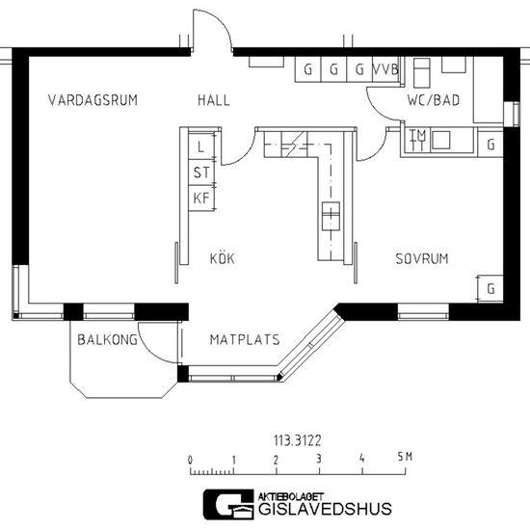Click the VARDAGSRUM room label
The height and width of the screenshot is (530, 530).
pyautogui.click(x=93, y=100)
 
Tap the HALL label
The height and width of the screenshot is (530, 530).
pyautogui.click(x=214, y=100)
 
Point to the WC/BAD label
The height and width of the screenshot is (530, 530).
pyautogui.click(x=434, y=100)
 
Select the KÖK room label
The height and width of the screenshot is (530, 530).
pyautogui.click(x=222, y=258)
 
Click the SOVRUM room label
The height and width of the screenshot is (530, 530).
pyautogui.click(x=422, y=258)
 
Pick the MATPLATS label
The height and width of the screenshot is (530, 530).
pyautogui.click(x=245, y=339)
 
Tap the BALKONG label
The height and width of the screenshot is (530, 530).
pyautogui.click(x=108, y=339)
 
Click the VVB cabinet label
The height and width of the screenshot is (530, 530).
pyautogui.click(x=385, y=69)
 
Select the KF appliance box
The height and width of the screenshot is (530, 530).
pyautogui.click(x=201, y=199)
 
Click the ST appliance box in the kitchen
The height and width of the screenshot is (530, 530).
pyautogui.click(x=201, y=172)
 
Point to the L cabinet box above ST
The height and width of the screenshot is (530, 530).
pyautogui.click(x=201, y=146)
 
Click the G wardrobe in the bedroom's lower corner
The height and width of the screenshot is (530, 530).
pyautogui.click(x=490, y=289)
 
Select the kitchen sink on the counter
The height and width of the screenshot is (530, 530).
pyautogui.click(x=331, y=216)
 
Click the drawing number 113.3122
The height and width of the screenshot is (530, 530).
pyautogui.click(x=297, y=440)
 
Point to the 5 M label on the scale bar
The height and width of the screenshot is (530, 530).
pyautogui.click(x=405, y=457)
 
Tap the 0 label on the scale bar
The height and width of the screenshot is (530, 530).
pyautogui.click(x=190, y=460)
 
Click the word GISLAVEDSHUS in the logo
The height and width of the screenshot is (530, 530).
pyautogui.click(x=325, y=509)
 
